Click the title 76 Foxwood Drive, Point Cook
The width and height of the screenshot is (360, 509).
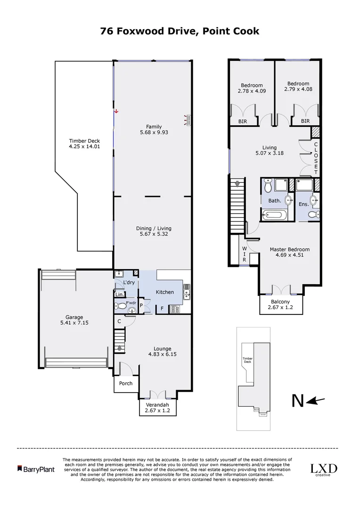[x=180, y=31]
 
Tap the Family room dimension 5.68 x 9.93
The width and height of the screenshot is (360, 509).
[x=154, y=132]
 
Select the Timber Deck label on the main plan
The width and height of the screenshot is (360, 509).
[x=84, y=140]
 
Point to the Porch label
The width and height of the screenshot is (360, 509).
[x=126, y=383]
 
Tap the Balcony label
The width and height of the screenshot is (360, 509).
[x=280, y=302]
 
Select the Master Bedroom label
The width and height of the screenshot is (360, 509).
[x=289, y=249]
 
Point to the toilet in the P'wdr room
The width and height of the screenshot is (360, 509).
[x=122, y=306]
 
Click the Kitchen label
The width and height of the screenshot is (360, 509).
[x=165, y=292]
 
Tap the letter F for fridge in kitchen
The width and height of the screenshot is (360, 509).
[x=162, y=309]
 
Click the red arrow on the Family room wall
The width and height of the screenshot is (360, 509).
[x=116, y=111]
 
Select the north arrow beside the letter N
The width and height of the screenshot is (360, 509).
[x=316, y=401]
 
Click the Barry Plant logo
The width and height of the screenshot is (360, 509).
[x=36, y=469]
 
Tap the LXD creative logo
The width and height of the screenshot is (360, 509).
[x=323, y=469]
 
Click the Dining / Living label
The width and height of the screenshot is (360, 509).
[x=153, y=228]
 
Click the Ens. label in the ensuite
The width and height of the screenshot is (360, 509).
[x=303, y=204]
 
